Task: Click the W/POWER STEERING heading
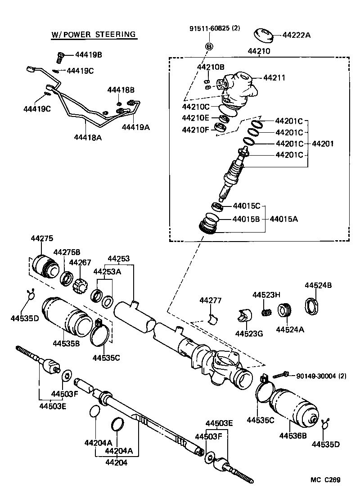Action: point(93,34)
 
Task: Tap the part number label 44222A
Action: point(296,35)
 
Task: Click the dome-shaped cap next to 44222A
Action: point(265,34)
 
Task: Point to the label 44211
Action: point(274,78)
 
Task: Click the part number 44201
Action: point(323,144)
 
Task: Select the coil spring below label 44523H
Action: point(267,311)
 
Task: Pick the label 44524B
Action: point(318,286)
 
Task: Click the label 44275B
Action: point(67,252)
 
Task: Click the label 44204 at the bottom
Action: point(117,462)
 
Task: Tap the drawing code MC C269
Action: point(324,480)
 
